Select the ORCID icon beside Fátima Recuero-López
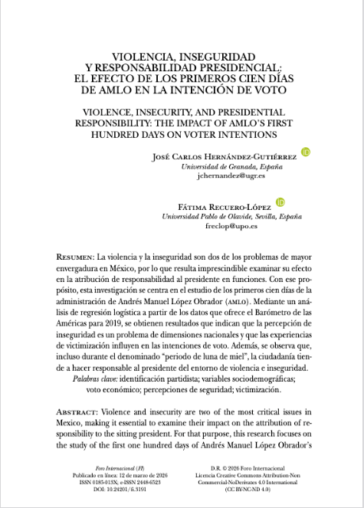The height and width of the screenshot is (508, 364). click(280, 202)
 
